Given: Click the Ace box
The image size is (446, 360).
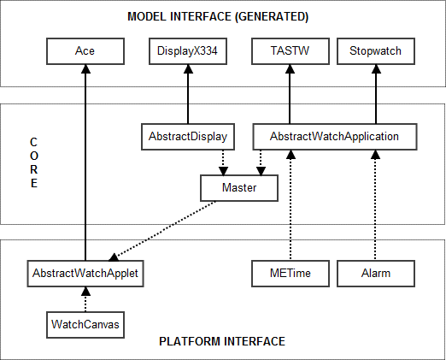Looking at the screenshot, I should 85,51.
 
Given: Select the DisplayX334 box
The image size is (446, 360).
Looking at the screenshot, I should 187,51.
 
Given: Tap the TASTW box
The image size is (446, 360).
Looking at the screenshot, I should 290,51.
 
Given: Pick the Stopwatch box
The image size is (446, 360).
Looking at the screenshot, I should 375,51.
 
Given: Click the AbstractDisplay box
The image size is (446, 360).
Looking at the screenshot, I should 187,136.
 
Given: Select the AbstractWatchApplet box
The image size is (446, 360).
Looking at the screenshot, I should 85,274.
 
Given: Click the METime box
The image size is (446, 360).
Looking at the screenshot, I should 290,274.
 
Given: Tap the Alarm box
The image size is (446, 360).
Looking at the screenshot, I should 375,274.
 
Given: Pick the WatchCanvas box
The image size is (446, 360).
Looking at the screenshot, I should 85,324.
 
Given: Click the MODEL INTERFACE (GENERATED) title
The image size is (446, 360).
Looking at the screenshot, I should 217,17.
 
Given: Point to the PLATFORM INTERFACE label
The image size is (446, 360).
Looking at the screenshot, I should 222,341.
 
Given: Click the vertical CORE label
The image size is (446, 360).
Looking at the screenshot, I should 33,162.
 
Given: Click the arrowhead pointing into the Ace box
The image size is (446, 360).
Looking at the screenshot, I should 85,69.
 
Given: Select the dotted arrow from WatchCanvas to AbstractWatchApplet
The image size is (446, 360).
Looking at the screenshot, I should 85,299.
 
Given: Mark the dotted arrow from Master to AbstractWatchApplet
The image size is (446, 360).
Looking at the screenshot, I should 162,229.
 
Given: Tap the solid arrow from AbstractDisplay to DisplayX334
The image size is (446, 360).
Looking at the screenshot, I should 187,94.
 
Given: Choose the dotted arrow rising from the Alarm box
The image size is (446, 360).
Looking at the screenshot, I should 375,205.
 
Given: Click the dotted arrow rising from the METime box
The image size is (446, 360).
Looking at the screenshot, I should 290,205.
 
